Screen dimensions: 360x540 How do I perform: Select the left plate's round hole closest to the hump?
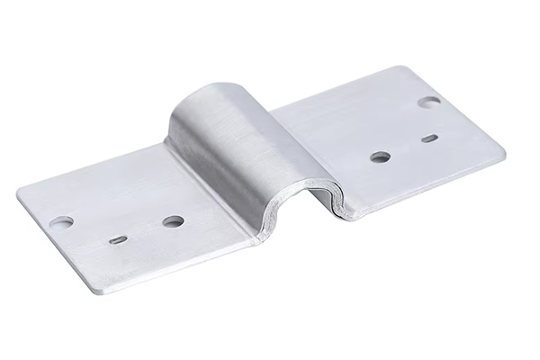point(173,220)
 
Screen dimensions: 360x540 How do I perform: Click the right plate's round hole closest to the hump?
point(380,157)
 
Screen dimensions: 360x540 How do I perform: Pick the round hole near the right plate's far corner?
point(429,102)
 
